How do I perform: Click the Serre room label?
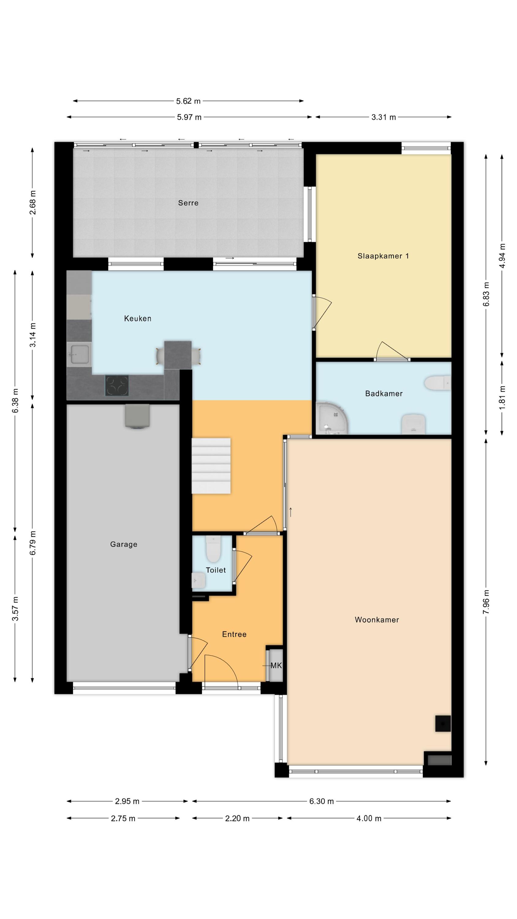(x=188, y=203)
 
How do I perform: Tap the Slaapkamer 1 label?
(x=383, y=256)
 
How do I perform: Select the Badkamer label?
(x=384, y=394)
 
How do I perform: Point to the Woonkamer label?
(x=377, y=620)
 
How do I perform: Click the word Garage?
(x=123, y=544)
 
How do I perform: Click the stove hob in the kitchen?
(x=117, y=386)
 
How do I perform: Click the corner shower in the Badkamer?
(x=332, y=418)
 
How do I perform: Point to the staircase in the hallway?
(x=211, y=466)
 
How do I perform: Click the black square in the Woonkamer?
(x=443, y=724)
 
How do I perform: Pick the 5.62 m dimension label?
(x=188, y=101)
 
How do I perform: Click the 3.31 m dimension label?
(x=383, y=117)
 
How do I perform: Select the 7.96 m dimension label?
(x=486, y=602)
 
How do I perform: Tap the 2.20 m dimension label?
(x=237, y=819)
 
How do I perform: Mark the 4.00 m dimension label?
(x=369, y=819)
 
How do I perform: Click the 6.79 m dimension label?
(x=32, y=543)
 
